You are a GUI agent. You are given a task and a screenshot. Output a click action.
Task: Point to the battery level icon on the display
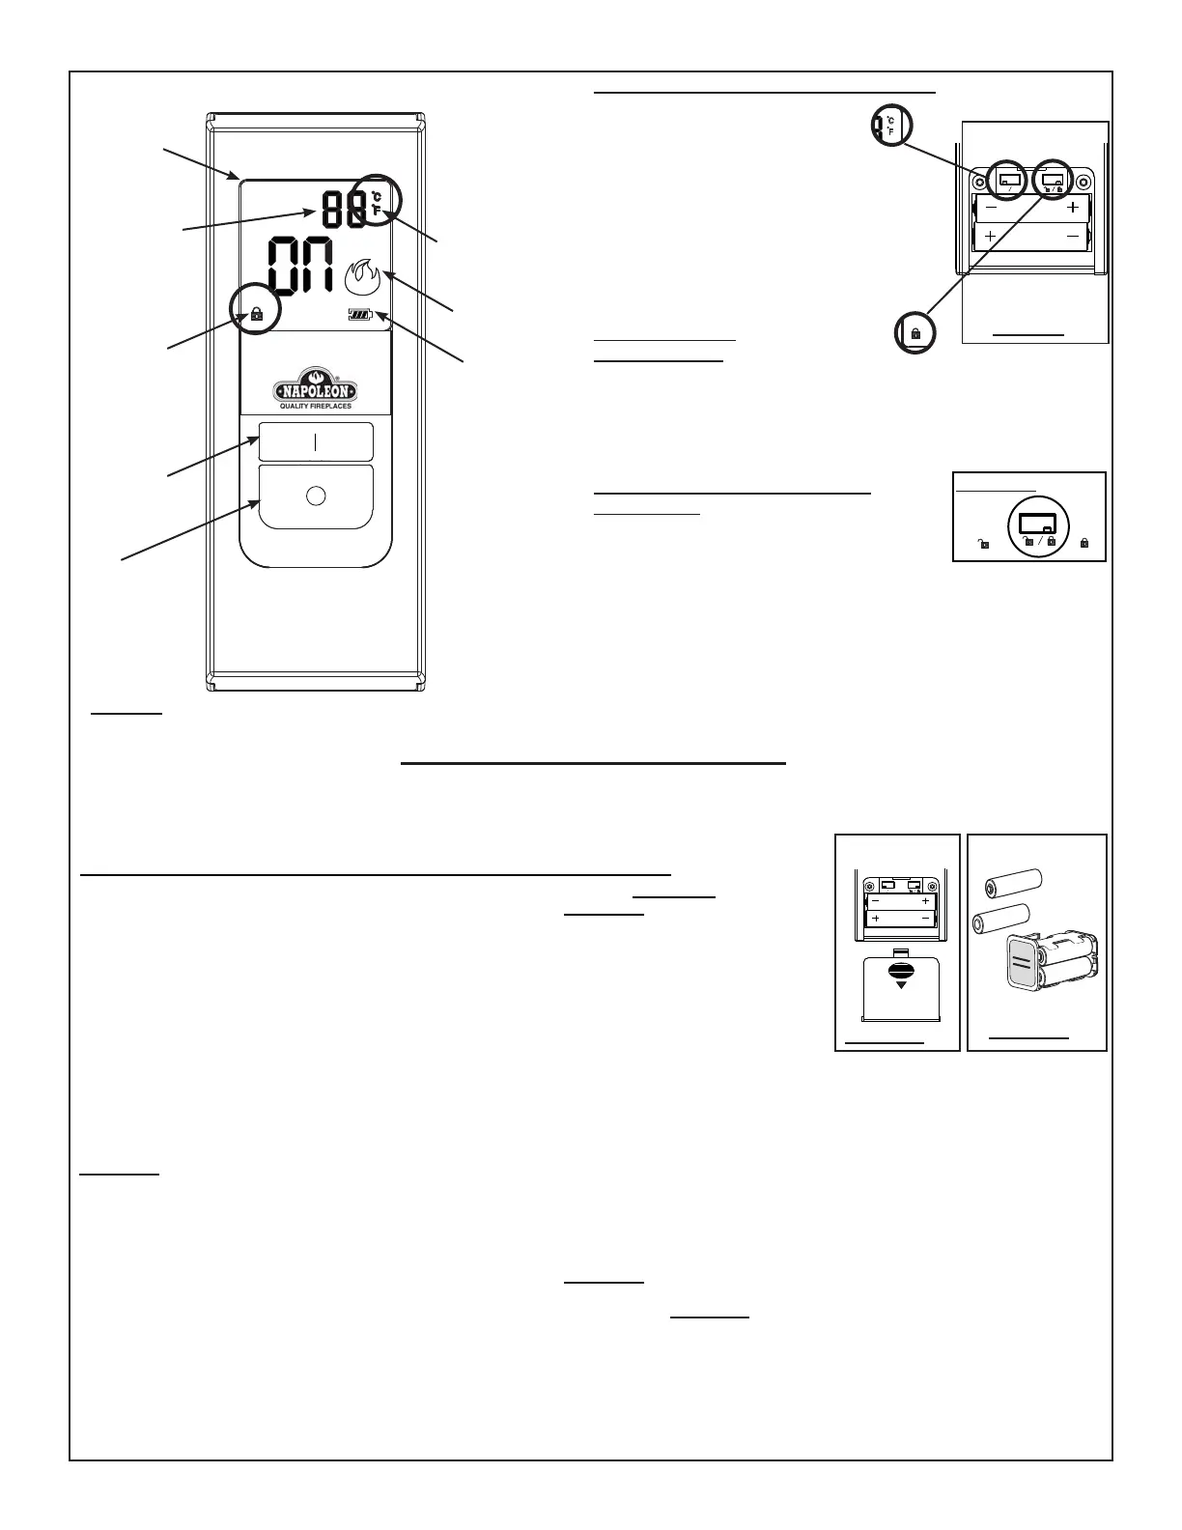coord(360,315)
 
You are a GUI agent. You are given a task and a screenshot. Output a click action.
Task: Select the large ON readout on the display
coord(299,266)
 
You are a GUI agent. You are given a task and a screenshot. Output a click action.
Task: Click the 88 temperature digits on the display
coord(343,208)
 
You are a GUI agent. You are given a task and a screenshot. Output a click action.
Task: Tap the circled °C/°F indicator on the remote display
coord(376,202)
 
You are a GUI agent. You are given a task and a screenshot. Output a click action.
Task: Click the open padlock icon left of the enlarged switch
coord(983,544)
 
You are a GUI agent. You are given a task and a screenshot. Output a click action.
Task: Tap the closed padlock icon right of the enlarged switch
coord(1084,544)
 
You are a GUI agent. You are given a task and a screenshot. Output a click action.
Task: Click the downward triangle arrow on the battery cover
coord(902,985)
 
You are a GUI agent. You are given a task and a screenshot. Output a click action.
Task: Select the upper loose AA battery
coord(1013,882)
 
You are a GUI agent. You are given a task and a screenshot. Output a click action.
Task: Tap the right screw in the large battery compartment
coord(1081,181)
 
